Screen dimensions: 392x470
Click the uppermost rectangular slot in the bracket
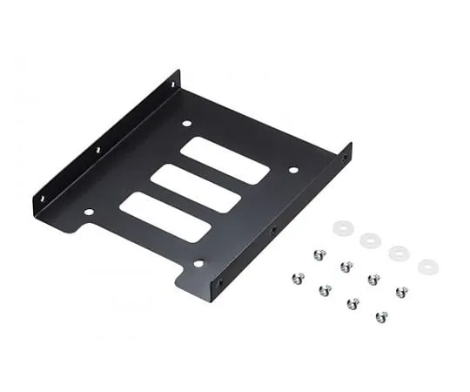pyautogui.click(x=225, y=160)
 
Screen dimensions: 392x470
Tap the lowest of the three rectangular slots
pyautogui.click(x=165, y=217)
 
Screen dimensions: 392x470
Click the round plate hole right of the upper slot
pyautogui.click(x=292, y=170)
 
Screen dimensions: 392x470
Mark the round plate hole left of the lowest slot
pyautogui.click(x=89, y=211)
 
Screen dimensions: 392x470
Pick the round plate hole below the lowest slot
pyautogui.click(x=198, y=262)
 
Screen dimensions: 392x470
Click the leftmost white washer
pyautogui.click(x=341, y=227)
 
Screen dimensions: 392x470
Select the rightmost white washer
pyautogui.click(x=427, y=267)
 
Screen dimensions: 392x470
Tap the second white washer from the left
pyautogui.click(x=370, y=240)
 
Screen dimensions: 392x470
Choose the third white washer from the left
pyautogui.click(x=399, y=253)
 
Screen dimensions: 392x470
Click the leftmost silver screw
pyautogui.click(x=297, y=278)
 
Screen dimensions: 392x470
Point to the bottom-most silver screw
pyautogui.click(x=381, y=316)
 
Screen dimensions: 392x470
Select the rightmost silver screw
pyautogui.click(x=401, y=292)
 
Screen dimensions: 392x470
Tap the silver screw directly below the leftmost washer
pyautogui.click(x=319, y=254)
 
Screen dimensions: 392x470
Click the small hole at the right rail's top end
pyautogui.click(x=346, y=158)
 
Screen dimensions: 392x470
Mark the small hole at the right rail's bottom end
pyautogui.click(x=218, y=282)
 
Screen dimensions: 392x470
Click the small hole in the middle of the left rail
pyautogui.click(x=97, y=150)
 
